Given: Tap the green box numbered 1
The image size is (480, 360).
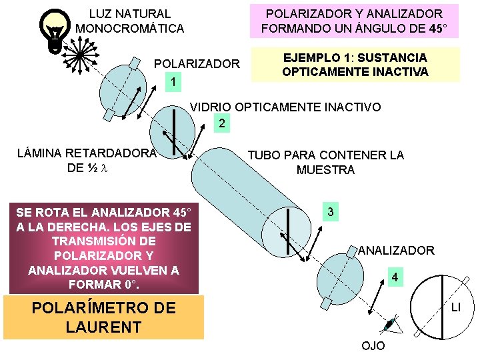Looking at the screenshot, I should tap(173, 81).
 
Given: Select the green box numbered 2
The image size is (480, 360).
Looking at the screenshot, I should tap(222, 123).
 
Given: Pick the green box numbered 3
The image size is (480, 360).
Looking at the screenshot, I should tap(330, 213).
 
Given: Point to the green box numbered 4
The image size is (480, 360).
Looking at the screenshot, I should tap(395, 277).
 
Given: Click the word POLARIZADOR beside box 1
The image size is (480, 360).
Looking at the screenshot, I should tap(197, 64).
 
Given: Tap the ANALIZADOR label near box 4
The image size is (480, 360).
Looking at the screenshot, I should tap(396, 251).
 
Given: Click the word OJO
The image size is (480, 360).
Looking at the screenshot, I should tap(372, 345).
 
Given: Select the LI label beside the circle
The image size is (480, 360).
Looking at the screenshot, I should tap(456, 307).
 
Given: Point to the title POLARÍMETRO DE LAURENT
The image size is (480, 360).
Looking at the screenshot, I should tap(103, 317).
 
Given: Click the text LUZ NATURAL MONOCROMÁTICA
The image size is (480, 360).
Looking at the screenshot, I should tap(130, 21).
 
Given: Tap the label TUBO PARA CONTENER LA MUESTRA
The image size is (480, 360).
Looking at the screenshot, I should tap(325, 163).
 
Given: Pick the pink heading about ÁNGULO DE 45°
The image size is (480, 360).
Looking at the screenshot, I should tap(354, 21).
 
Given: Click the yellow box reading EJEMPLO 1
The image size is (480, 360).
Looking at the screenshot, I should tap(355, 65).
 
